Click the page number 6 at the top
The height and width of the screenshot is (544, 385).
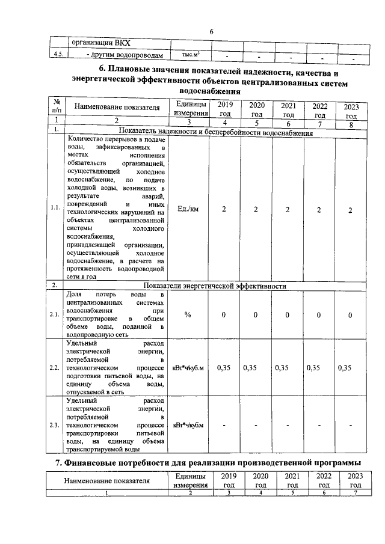[212, 32]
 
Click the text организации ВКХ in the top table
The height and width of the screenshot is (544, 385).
[101, 43]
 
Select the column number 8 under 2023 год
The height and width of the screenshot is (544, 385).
[351, 124]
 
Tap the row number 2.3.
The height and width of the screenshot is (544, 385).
[56, 426]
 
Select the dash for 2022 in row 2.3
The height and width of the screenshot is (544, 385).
[319, 426]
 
